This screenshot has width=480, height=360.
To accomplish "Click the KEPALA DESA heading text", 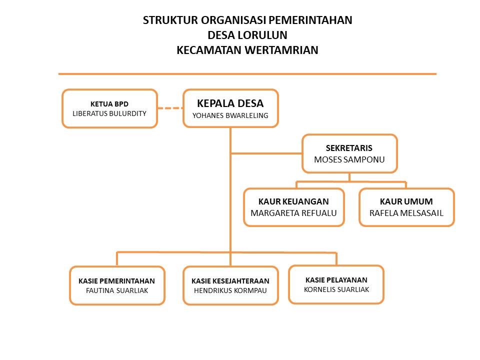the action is point(230,103).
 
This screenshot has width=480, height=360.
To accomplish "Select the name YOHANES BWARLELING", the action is point(230,115).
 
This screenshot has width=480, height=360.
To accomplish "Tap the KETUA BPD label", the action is point(109,104).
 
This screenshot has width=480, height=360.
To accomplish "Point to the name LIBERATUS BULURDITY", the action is point(109,113).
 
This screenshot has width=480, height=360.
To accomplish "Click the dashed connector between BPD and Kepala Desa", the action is point(170,108).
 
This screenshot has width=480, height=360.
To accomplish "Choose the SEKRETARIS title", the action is point(349,148).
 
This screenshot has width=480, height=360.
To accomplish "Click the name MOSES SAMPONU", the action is point(349,159).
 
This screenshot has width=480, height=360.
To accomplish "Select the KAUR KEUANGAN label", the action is point(293,201).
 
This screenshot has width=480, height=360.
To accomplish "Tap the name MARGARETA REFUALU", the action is point(293,213).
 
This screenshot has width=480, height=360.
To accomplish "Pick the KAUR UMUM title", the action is point(406,201).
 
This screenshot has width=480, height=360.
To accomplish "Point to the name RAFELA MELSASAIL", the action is point(406,213).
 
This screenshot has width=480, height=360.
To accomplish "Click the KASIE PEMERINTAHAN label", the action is point(116,281).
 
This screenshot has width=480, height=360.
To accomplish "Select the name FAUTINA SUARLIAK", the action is point(117,290).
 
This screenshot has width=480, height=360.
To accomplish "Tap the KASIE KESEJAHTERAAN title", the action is point(230,281).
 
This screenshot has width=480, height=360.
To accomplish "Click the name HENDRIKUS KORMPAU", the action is point(230,290).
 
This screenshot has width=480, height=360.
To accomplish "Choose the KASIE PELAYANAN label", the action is point(336,280).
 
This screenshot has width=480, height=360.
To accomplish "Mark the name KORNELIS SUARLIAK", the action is point(336,289).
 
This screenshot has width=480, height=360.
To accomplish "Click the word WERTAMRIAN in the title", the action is point(281,50).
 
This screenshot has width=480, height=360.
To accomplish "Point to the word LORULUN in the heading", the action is point(262,35).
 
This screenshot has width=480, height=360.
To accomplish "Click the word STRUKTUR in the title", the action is point(170,20).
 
